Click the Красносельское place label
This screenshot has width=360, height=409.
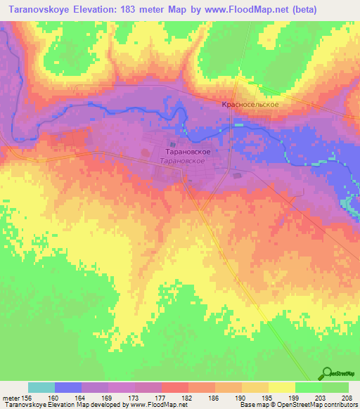point(251,104)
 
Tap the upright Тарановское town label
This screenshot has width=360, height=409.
point(188,151)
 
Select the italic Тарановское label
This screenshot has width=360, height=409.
point(182,161)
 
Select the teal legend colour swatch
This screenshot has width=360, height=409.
point(41,387)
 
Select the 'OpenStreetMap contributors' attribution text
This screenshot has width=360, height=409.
point(323,405)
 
